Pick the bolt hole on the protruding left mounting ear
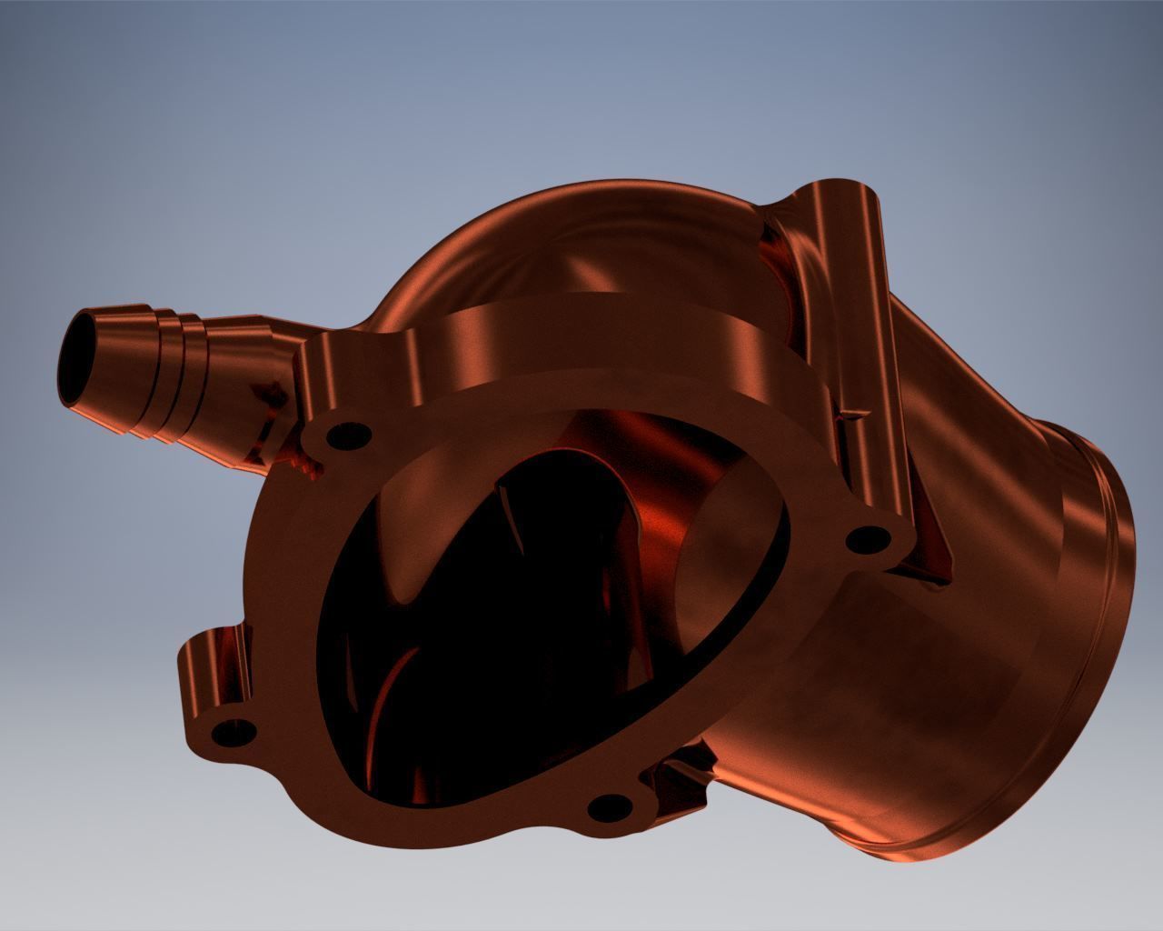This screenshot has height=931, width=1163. tap(234, 730)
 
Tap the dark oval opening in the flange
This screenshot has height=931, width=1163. tap(509, 618)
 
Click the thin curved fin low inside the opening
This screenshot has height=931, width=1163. tap(382, 718)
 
